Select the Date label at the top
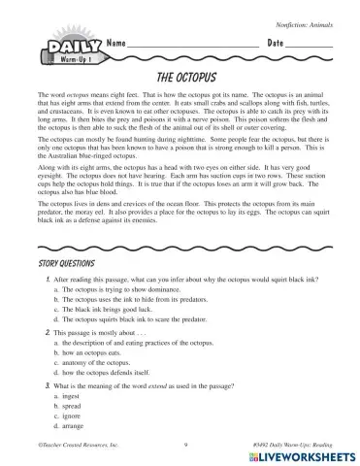(x=275, y=46)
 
